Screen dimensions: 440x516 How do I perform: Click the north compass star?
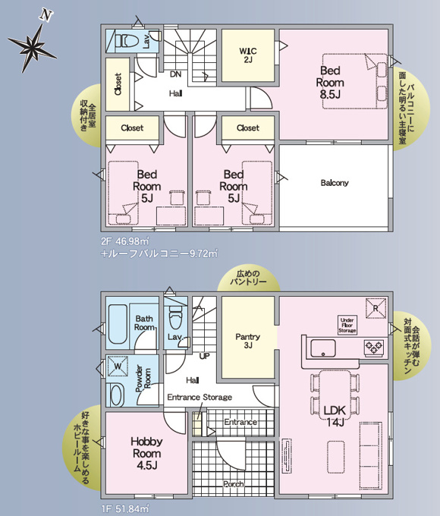[33, 46]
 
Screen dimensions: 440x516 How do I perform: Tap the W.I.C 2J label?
[248, 55]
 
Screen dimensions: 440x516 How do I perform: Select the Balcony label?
[335, 183]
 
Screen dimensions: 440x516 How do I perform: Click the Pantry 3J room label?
[248, 341]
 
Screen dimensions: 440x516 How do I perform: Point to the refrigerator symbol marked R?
[376, 308]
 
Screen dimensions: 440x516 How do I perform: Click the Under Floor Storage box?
[347, 325]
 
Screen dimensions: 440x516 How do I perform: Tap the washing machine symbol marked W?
[118, 366]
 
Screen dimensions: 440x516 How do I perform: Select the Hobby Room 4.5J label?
[146, 453]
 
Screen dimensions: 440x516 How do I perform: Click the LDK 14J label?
[335, 416]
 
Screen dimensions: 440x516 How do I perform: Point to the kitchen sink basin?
[323, 348]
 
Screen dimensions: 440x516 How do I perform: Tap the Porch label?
[234, 484]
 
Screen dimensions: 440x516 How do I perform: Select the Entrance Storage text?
[200, 397]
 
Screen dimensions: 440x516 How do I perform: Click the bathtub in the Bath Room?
[118, 324]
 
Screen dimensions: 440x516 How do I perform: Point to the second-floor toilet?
[128, 41]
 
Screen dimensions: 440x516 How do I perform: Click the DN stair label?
[176, 74]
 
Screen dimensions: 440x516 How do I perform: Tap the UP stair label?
[204, 356]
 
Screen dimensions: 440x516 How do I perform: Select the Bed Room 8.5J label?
[330, 82]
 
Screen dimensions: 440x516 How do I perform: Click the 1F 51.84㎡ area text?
[125, 508]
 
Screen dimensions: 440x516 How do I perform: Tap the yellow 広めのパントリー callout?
[248, 278]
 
